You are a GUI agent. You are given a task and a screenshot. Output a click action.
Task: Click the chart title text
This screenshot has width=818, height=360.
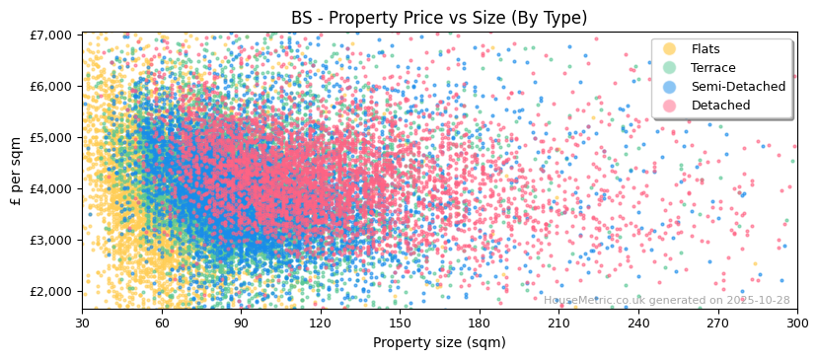(x=438, y=18)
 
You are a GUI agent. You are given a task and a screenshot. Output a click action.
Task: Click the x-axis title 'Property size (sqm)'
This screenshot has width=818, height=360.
(x=438, y=342)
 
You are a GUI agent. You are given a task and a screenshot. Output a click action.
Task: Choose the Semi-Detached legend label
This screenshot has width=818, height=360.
(x=738, y=87)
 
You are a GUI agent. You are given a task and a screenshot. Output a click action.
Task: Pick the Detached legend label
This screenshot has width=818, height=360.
(x=720, y=106)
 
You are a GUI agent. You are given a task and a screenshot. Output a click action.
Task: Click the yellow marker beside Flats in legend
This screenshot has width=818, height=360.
(x=670, y=49)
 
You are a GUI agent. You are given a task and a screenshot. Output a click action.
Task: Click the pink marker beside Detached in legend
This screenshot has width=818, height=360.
(x=670, y=106)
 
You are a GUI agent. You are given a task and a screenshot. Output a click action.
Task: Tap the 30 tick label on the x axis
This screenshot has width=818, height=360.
(x=82, y=323)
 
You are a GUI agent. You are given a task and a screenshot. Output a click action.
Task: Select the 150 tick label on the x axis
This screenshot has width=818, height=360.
(x=400, y=323)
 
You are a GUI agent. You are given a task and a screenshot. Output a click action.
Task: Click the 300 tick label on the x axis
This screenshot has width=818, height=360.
(x=796, y=323)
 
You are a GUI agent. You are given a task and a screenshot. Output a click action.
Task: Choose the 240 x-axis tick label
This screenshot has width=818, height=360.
(x=637, y=323)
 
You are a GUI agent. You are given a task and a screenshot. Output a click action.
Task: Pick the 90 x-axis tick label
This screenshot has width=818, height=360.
(x=241, y=323)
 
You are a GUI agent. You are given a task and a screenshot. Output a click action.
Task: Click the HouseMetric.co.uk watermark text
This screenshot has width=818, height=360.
(x=666, y=301)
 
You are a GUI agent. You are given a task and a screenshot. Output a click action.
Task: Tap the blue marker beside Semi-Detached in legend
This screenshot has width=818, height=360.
(x=670, y=87)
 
